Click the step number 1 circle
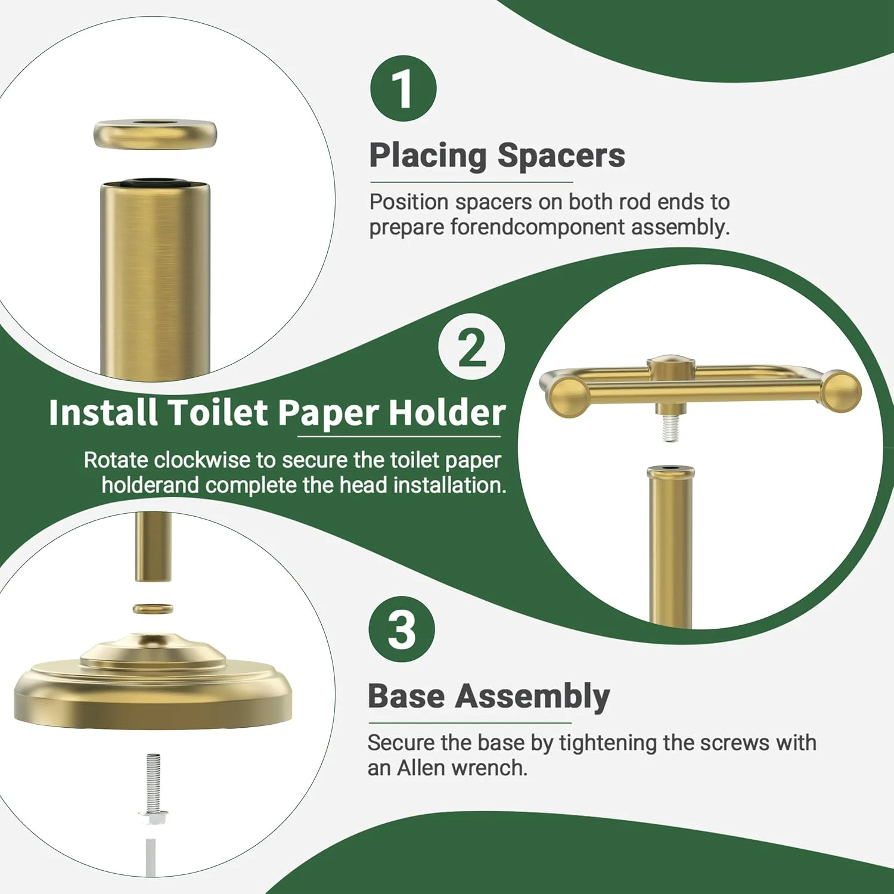403,89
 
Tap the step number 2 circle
471,347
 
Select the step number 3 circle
402,629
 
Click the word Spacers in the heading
561,156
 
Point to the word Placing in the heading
428,157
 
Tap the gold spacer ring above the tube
155,134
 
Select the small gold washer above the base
153,609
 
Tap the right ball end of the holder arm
842,390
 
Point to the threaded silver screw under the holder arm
670,428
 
